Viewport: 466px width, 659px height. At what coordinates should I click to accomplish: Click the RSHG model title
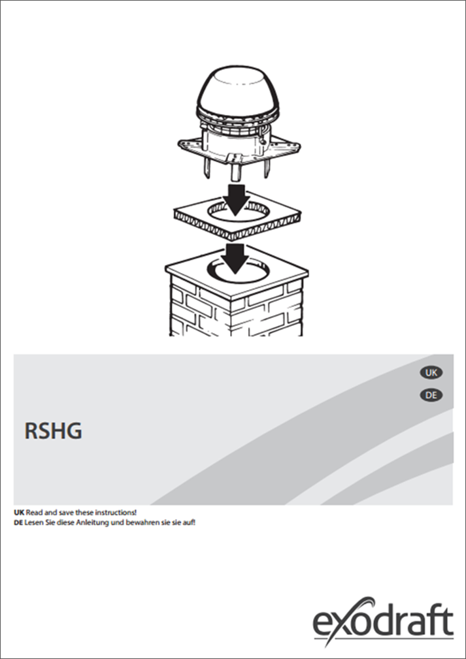(x=53, y=431)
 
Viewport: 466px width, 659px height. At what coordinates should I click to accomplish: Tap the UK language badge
(x=431, y=372)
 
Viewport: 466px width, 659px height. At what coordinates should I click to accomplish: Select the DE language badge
(x=431, y=395)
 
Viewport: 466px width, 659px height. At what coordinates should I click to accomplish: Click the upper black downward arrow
(x=235, y=199)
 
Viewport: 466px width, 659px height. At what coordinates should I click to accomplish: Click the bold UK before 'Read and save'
(x=19, y=513)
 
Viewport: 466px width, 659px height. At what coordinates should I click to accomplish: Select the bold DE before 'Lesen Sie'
(x=18, y=523)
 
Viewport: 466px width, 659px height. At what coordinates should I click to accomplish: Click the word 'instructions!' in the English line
(x=116, y=513)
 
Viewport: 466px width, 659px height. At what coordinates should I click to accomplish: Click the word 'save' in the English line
(x=64, y=513)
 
